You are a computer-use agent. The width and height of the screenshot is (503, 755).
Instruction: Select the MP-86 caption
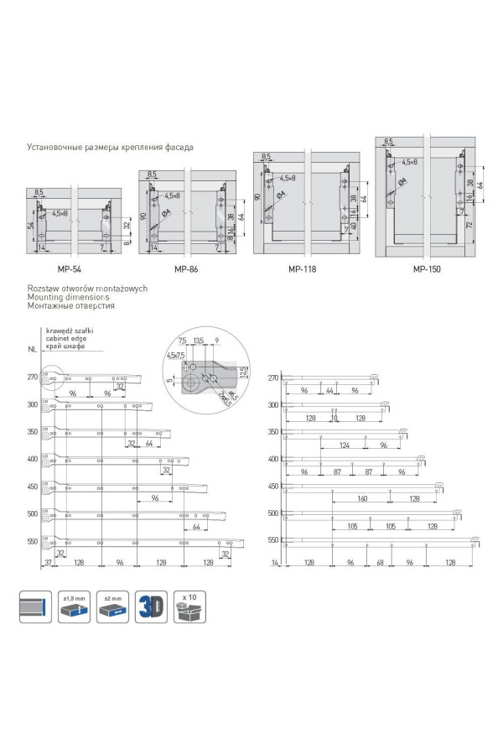click(x=185, y=269)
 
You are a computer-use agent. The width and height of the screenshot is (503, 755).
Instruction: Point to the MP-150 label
click(x=426, y=269)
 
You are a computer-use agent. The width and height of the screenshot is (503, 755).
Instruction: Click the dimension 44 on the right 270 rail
click(x=330, y=391)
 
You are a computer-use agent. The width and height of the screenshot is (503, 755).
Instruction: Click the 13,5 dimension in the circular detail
click(x=198, y=341)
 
